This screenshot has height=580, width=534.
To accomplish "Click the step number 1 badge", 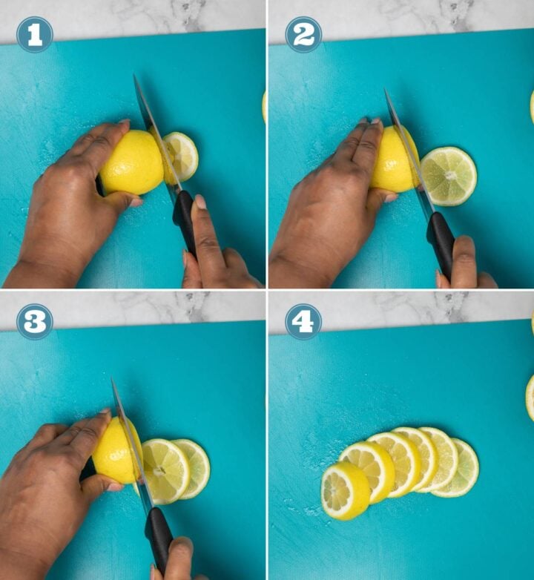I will [x=34, y=35].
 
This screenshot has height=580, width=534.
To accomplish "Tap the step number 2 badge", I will [x=303, y=35].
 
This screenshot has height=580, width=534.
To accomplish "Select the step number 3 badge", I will [x=34, y=321].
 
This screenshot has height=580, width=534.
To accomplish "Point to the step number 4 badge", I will [x=303, y=321].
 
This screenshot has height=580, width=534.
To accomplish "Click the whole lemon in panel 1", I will [x=131, y=164].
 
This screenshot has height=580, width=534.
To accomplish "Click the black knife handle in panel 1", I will [x=184, y=219].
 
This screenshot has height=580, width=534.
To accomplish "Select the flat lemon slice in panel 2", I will [x=449, y=176].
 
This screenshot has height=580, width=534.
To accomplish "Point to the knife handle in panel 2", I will [x=441, y=241].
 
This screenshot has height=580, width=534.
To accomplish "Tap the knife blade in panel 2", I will [x=404, y=148].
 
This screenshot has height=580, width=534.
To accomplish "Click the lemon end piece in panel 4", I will [x=345, y=490].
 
